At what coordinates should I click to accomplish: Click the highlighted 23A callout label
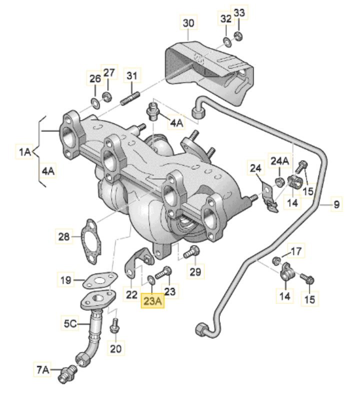152,301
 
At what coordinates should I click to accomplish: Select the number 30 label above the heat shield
188,23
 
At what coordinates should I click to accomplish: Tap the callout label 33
239,12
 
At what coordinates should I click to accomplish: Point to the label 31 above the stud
132,75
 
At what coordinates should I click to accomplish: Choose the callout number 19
65,279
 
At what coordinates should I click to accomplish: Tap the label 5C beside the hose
70,323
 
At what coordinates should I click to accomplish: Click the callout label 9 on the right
336,204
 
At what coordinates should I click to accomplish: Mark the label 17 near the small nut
296,251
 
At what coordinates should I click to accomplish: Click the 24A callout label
279,161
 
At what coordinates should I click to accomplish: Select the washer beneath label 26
95,103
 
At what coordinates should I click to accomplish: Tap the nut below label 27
107,96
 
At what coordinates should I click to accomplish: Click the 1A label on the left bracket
24,152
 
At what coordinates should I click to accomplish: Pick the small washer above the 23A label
151,279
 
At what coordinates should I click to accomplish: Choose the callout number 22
131,294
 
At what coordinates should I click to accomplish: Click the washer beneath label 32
228,41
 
